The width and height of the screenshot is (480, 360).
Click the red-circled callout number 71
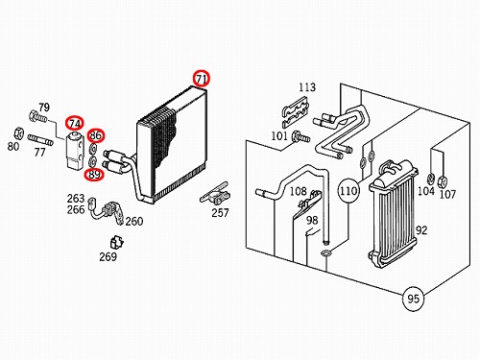pyautogui.click(x=201, y=78)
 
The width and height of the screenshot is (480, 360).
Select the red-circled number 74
pyautogui.click(x=75, y=124)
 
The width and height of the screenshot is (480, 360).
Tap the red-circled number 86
pyautogui.click(x=95, y=135)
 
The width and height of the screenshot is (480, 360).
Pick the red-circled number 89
pyautogui.click(x=94, y=174)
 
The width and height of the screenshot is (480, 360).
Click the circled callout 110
pyautogui.click(x=348, y=191)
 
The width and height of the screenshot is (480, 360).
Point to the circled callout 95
pyautogui.click(x=413, y=299)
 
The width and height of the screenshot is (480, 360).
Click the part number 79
pyautogui.click(x=44, y=108)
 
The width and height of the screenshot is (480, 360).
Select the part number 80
pyautogui.click(x=13, y=146)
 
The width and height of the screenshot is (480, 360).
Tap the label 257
pyautogui.click(x=220, y=212)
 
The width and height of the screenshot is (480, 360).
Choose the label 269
pyautogui.click(x=108, y=256)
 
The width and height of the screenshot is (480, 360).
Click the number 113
pyautogui.click(x=307, y=87)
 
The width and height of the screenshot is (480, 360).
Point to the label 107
pyautogui.click(x=447, y=194)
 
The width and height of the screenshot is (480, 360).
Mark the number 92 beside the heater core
pyautogui.click(x=421, y=230)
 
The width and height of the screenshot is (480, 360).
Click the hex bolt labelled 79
pyautogui.click(x=37, y=117)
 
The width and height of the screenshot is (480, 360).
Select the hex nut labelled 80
pyautogui.click(x=19, y=133)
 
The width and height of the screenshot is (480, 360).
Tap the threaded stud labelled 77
pyautogui.click(x=40, y=139)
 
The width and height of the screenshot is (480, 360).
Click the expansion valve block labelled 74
pyautogui.click(x=75, y=150)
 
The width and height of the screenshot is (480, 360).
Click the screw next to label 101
pyautogui.click(x=300, y=137)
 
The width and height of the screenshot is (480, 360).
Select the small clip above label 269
pyautogui.click(x=116, y=242)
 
